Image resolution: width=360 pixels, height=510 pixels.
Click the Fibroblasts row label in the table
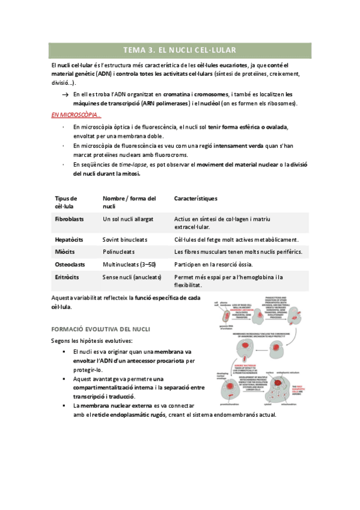click(70, 220)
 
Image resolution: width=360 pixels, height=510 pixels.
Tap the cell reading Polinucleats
click(119, 251)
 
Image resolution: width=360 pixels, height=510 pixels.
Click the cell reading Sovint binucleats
click(125, 239)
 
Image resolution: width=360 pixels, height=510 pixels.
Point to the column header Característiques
click(196, 198)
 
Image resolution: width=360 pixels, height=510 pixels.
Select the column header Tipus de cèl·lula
click(66, 202)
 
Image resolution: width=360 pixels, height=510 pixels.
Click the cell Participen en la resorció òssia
click(213, 264)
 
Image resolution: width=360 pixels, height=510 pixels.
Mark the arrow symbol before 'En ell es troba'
click(65, 95)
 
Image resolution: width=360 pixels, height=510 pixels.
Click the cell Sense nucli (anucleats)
click(132, 277)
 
